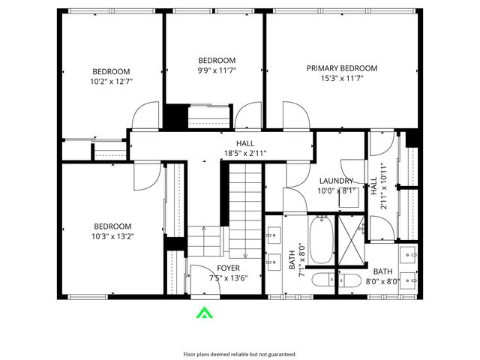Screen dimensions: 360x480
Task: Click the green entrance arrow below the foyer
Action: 203,313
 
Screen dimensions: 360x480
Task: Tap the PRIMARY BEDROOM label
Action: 341,68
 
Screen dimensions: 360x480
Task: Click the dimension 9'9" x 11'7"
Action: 216,71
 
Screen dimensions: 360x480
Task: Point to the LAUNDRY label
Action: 335,181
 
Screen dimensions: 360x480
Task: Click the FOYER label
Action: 229,268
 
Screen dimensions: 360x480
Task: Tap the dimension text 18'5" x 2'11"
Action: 244,154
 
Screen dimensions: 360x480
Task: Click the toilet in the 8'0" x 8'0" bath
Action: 349,281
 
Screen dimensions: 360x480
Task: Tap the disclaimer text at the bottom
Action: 240,354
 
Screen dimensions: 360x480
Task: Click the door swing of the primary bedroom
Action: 295,116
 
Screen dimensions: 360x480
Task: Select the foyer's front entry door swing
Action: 201,278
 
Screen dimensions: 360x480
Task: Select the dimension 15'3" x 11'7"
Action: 341,78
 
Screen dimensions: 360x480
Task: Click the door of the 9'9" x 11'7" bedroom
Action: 247,116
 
